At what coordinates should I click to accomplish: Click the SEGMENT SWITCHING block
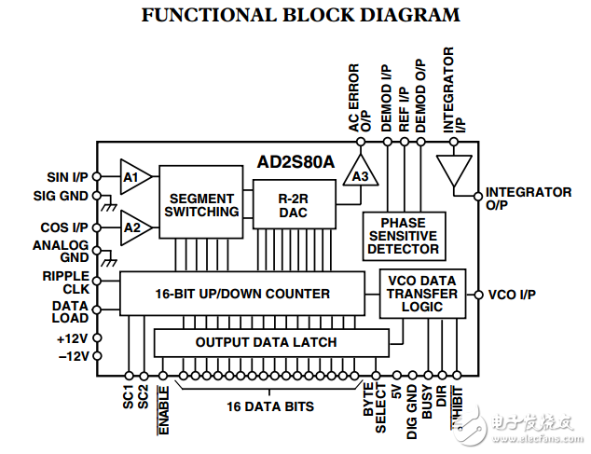click(201, 205)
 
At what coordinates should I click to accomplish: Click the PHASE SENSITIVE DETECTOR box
click(403, 237)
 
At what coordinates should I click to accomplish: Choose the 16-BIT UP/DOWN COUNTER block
click(241, 294)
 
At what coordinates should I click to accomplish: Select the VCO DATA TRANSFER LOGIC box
click(422, 294)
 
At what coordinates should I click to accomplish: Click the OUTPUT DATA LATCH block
click(266, 342)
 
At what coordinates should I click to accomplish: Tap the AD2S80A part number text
click(295, 161)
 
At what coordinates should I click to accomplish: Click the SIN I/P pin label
click(68, 177)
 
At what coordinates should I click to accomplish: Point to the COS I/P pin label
click(66, 227)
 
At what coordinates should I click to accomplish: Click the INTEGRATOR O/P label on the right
click(528, 198)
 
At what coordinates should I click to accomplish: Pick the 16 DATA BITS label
click(269, 406)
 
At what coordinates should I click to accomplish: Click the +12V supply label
click(73, 337)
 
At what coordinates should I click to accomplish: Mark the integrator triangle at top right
click(454, 173)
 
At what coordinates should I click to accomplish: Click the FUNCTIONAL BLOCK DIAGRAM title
click(300, 15)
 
